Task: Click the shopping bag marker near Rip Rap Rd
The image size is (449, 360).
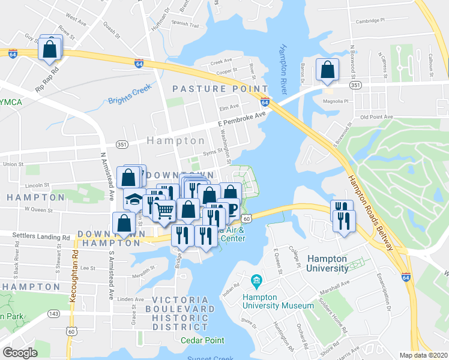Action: [x=50, y=49]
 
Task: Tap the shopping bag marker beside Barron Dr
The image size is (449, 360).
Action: [x=327, y=70]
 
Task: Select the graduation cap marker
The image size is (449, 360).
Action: [x=134, y=199]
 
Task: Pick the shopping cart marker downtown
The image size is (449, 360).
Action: [x=164, y=211]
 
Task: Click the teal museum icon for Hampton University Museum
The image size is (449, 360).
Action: [x=256, y=280]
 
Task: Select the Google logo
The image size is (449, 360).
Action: [x=20, y=352]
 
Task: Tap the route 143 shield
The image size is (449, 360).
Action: [x=53, y=313]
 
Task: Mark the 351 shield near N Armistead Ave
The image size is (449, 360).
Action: [x=122, y=145]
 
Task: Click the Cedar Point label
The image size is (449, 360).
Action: [x=202, y=340]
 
